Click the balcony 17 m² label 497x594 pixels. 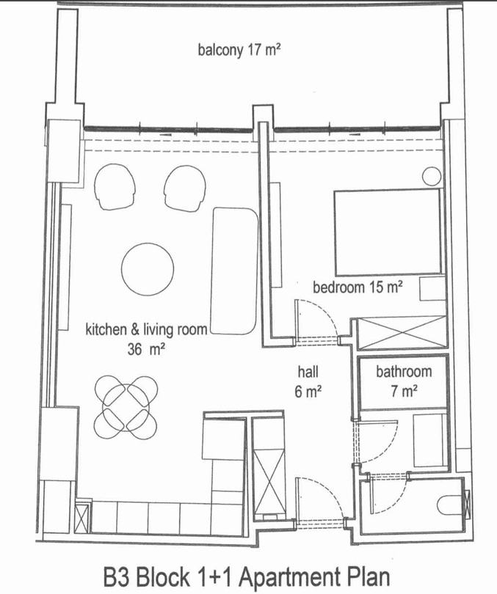pyautogui.click(x=239, y=50)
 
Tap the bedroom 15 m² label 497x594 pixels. pyautogui.click(x=358, y=287)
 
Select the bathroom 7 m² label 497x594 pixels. pyautogui.click(x=404, y=381)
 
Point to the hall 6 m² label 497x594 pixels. pyautogui.click(x=308, y=381)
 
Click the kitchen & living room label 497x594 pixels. pyautogui.click(x=146, y=329)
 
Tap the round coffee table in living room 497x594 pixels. pyautogui.click(x=148, y=269)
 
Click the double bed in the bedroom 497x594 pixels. pyautogui.click(x=388, y=232)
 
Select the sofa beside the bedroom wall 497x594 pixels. pyautogui.click(x=234, y=271)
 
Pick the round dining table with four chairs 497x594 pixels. pyautogui.click(x=126, y=407)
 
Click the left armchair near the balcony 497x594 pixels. pyautogui.click(x=115, y=187)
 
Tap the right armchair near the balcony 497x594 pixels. pyautogui.click(x=185, y=188)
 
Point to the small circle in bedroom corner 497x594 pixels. pyautogui.click(x=432, y=177)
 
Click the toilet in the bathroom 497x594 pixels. pyautogui.click(x=449, y=505)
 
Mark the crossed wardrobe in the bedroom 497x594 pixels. pyautogui.click(x=402, y=333)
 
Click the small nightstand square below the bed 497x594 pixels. pyautogui.click(x=433, y=289)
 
